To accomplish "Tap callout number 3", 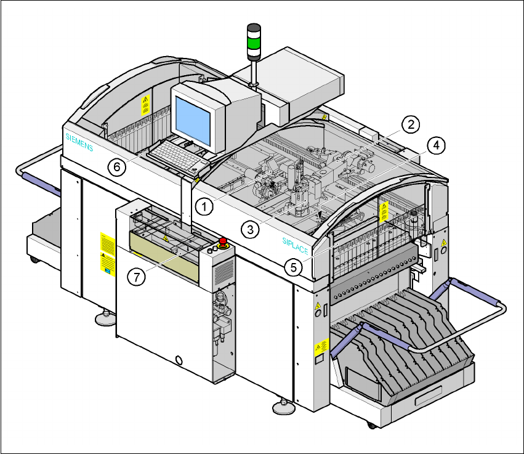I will [x=249, y=230].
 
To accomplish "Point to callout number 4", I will [x=435, y=145].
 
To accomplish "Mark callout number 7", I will [x=137, y=277].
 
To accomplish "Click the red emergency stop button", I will [x=222, y=241].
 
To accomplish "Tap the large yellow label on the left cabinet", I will [x=108, y=252].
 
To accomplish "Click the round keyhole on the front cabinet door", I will [x=179, y=359].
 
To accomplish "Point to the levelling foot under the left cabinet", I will [x=103, y=318].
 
